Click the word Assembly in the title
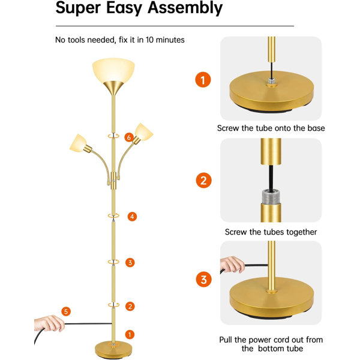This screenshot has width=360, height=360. pyautogui.click(x=185, y=8)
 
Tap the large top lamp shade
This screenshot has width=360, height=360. pyautogui.click(x=113, y=70)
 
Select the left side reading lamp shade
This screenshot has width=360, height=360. pyautogui.click(x=78, y=143)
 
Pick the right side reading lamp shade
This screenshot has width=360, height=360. pyautogui.click(x=144, y=132)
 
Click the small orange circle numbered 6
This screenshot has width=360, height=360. pyautogui.click(x=129, y=137)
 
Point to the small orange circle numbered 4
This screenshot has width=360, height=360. pyautogui.click(x=132, y=217)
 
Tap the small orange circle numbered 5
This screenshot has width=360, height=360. pyautogui.click(x=66, y=311)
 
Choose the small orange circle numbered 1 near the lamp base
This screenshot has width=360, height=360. pyautogui.click(x=130, y=335)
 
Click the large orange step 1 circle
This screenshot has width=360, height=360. pyautogui.click(x=203, y=80)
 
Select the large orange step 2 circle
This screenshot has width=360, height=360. pyautogui.click(x=203, y=180)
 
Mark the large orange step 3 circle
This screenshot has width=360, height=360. pyautogui.click(x=203, y=280)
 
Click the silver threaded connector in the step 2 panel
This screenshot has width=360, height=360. pyautogui.click(x=271, y=197)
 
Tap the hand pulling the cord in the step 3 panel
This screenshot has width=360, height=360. pyautogui.click(x=232, y=265)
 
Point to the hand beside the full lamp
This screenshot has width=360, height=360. pyautogui.click(x=49, y=323)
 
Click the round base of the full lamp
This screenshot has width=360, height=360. pyautogui.click(x=113, y=350)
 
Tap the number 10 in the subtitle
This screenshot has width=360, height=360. pyautogui.click(x=149, y=40)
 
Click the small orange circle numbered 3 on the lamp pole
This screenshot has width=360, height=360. pyautogui.click(x=130, y=262)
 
